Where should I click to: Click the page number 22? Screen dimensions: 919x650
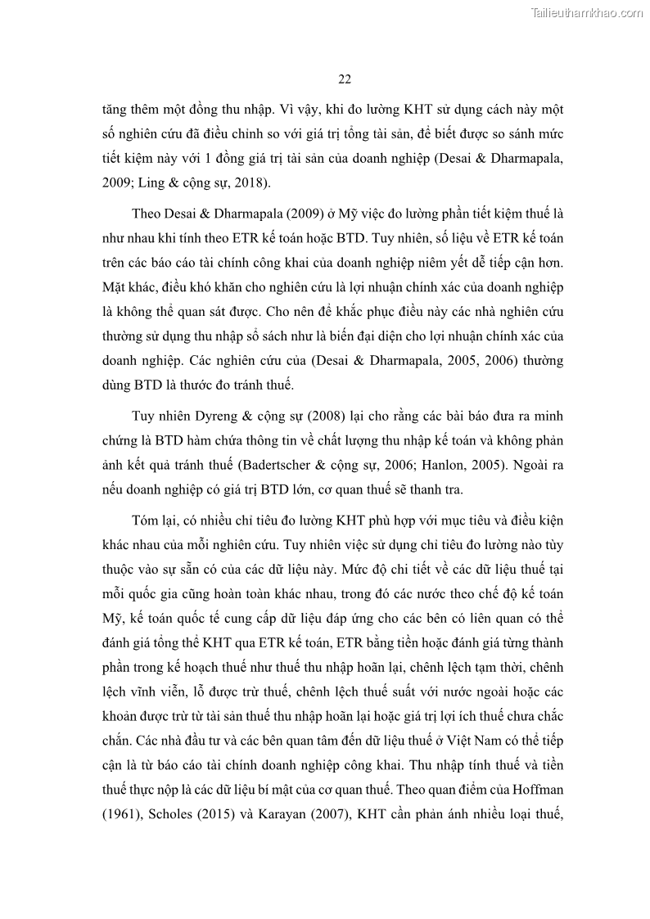coord(344,79)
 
